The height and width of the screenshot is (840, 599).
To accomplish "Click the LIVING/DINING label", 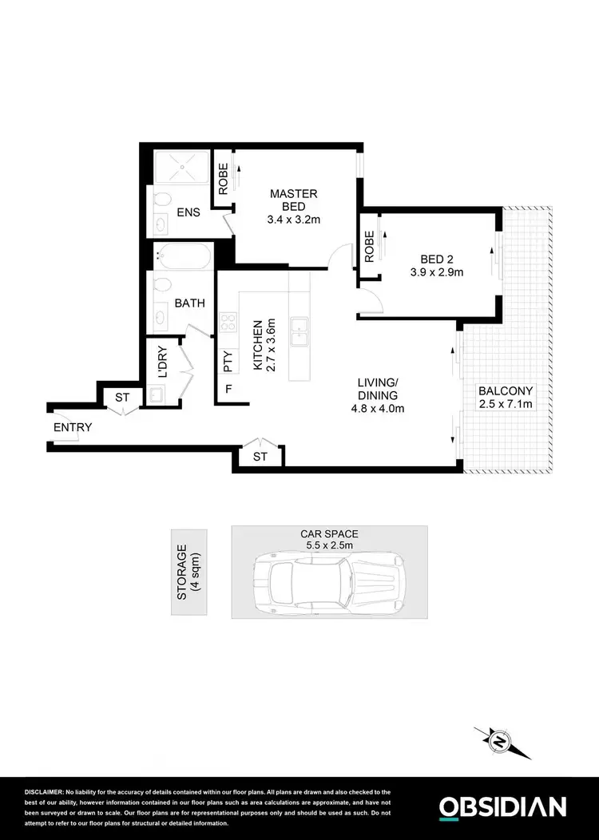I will (x=378, y=395).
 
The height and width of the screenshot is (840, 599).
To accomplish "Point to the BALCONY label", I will (x=506, y=398).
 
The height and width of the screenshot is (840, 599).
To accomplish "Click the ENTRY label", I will (x=73, y=428).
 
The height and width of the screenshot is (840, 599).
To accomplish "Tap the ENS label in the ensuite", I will (x=188, y=213).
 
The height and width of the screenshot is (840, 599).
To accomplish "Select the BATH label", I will (x=190, y=303).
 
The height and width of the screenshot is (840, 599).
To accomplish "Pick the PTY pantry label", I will (x=228, y=363).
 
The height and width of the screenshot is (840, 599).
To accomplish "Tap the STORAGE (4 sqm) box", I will (x=188, y=572).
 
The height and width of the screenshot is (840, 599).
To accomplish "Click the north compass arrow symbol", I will (x=502, y=743).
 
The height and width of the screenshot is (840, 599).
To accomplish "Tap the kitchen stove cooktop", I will (x=228, y=323).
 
